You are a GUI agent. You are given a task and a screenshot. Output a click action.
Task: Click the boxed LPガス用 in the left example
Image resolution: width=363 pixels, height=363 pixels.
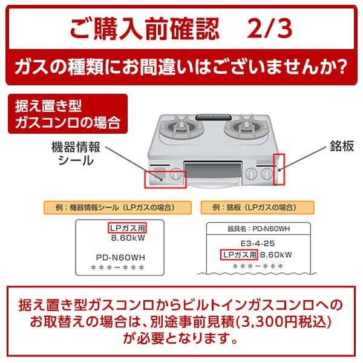[x=128, y=229]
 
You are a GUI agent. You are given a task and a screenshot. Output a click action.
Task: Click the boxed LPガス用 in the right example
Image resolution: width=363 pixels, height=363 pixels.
[x=238, y=254]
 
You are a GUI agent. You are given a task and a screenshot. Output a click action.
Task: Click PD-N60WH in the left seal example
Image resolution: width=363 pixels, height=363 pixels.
[x=121, y=257]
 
